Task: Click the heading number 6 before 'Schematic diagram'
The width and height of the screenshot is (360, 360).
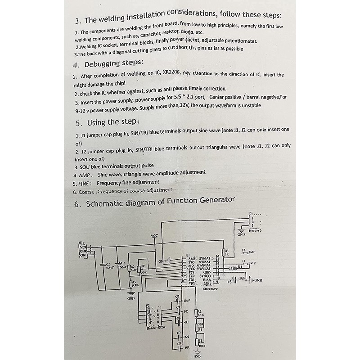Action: pos(76,204)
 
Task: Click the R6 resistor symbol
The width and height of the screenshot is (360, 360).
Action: pos(197,314)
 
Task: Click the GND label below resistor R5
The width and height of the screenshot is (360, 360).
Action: pos(131,298)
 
